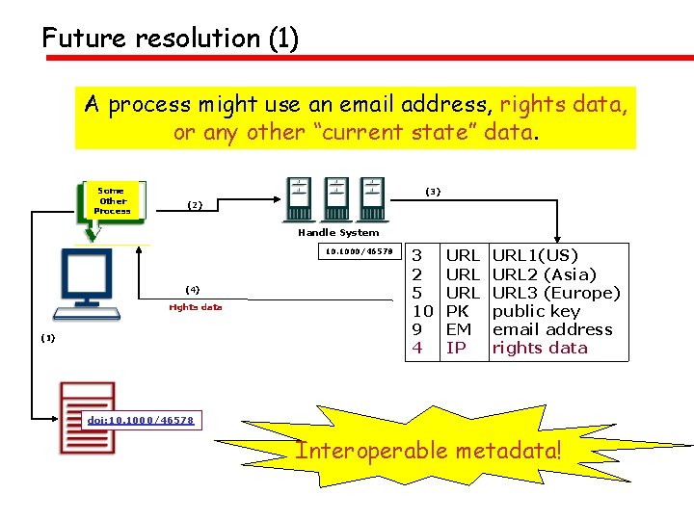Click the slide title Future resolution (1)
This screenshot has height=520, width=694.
pyautogui.click(x=170, y=39)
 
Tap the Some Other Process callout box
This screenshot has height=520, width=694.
pyautogui.click(x=112, y=200)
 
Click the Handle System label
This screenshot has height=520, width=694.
pyautogui.click(x=338, y=232)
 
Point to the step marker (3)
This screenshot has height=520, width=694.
pyautogui.click(x=433, y=192)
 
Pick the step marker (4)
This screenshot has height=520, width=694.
pyautogui.click(x=193, y=289)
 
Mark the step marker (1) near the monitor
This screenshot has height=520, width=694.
pyautogui.click(x=48, y=338)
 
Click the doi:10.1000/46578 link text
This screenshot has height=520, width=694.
pyautogui.click(x=141, y=420)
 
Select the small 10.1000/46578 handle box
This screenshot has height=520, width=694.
pyautogui.click(x=359, y=252)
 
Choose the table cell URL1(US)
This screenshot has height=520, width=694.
pyautogui.click(x=535, y=256)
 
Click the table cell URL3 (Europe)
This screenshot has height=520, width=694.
pyautogui.click(x=556, y=293)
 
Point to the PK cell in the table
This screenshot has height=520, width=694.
pyautogui.click(x=457, y=311)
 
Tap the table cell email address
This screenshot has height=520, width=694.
pyautogui.click(x=552, y=329)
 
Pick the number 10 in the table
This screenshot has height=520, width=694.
pyautogui.click(x=422, y=311)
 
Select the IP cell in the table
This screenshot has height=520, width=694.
pyautogui.click(x=455, y=348)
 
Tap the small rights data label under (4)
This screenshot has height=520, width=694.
pyautogui.click(x=196, y=307)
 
